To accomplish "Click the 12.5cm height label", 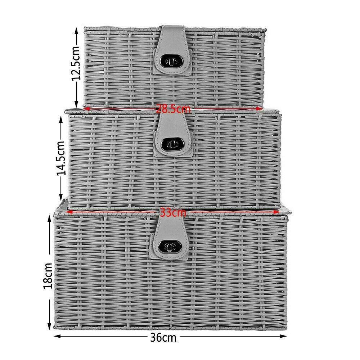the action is tap(76, 63).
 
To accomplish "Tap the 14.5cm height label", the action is tap(61, 158).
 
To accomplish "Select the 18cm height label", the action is tap(49, 275).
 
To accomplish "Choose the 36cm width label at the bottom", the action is tap(163, 338).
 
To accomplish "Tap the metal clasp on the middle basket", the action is tap(172, 144).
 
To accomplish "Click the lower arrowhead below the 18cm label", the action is tap(49, 327).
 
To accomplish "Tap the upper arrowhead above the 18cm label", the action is tap(49, 219).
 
